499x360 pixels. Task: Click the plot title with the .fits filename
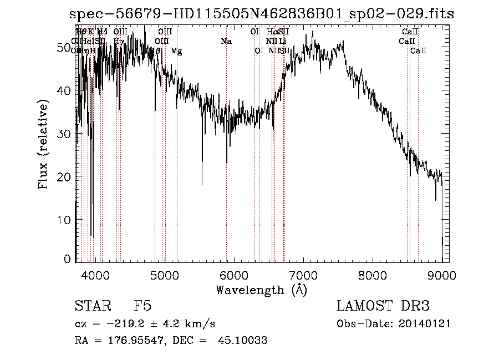[x=257, y=13]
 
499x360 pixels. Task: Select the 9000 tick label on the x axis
[x=441, y=275]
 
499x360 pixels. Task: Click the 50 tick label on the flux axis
[x=63, y=48]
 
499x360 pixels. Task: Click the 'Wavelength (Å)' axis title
[x=261, y=290]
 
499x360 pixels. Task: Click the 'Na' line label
[x=226, y=42]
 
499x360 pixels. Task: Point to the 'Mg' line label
[x=176, y=51]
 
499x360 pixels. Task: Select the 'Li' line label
[x=282, y=42]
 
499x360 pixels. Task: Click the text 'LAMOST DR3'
[x=383, y=307]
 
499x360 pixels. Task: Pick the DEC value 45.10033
[x=246, y=341]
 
